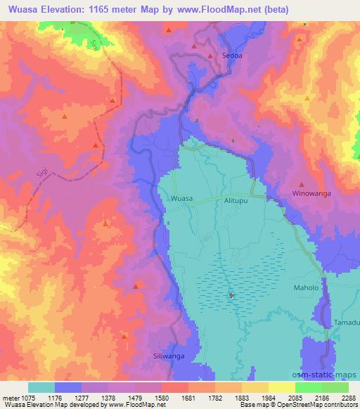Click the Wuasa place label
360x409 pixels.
(x=181, y=199)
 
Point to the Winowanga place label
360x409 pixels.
(x=311, y=193)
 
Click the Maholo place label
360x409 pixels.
(x=306, y=288)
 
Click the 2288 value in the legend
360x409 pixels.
(x=348, y=396)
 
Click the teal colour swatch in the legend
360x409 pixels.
(x=41, y=387)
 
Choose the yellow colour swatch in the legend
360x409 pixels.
(x=282, y=387)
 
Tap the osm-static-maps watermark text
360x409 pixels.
(x=331, y=375)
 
